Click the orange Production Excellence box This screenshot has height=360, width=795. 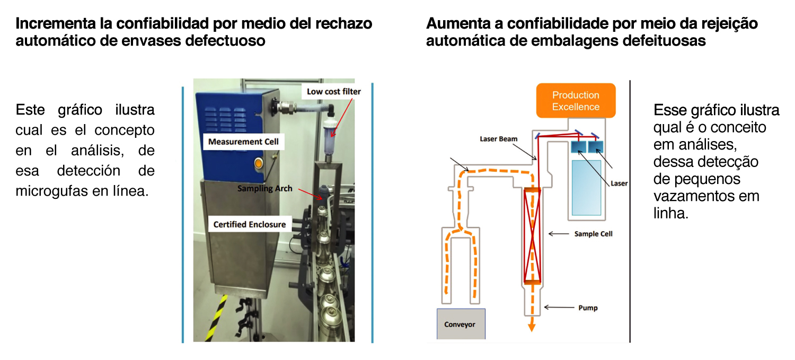tap(576, 101)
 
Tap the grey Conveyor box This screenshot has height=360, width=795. tap(461, 324)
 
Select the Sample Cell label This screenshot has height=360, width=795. tap(593, 234)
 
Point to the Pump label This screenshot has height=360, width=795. tap(588, 308)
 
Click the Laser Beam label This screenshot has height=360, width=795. tap(498, 139)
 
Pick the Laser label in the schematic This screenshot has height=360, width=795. tap(619, 183)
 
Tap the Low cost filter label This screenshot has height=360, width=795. tap(333, 92)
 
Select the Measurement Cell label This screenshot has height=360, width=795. tap(243, 142)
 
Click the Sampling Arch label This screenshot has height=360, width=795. tap(264, 189)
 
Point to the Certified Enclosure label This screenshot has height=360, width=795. tap(249, 224)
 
